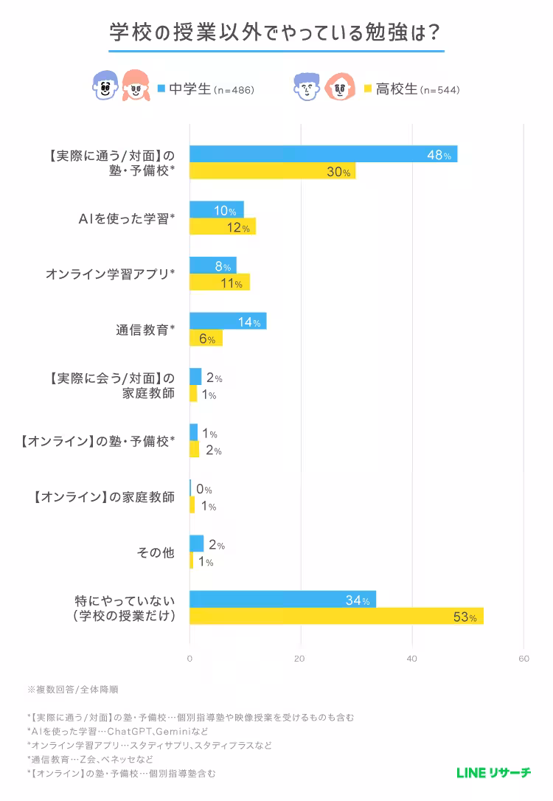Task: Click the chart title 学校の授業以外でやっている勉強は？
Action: pyautogui.click(x=276, y=32)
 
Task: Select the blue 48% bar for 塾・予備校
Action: pyautogui.click(x=323, y=154)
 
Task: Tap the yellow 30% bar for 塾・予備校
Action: pyautogui.click(x=272, y=171)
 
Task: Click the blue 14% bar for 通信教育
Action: pyautogui.click(x=228, y=322)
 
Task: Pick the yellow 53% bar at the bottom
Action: pyautogui.click(x=336, y=617)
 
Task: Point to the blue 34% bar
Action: pyautogui.click(x=282, y=600)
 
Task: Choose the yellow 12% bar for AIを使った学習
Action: pyautogui.click(x=223, y=226)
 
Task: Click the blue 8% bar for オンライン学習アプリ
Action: pyautogui.click(x=213, y=266)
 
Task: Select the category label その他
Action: pyautogui.click(x=156, y=552)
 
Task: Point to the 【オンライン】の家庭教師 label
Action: pyautogui.click(x=104, y=497)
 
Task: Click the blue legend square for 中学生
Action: pyautogui.click(x=161, y=89)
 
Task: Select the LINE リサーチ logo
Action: pyautogui.click(x=493, y=772)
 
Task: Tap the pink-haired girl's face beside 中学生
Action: pyautogui.click(x=135, y=87)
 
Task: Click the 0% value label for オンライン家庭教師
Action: pyautogui.click(x=204, y=490)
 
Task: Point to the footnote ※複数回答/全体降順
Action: pyautogui.click(x=73, y=690)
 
